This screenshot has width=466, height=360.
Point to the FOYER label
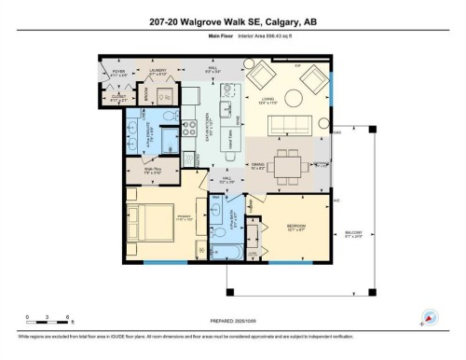pyautogui.click(x=118, y=72)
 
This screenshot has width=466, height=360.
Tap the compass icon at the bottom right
pyautogui.click(x=430, y=317)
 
